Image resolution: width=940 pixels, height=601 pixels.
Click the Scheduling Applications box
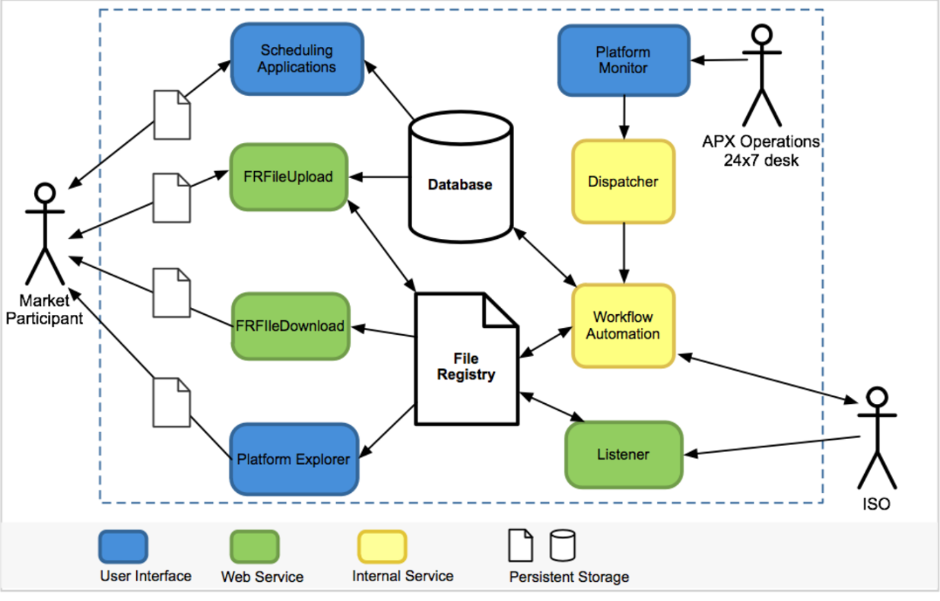(297, 59)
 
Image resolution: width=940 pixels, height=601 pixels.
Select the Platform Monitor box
(623, 60)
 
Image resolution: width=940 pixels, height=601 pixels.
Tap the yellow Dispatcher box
(623, 182)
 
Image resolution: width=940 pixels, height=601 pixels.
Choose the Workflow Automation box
(623, 326)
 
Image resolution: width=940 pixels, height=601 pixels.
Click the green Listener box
(624, 454)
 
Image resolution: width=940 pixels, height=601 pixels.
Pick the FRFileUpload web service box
(288, 176)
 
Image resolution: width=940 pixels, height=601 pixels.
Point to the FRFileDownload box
(290, 326)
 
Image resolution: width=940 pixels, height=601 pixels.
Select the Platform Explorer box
(293, 459)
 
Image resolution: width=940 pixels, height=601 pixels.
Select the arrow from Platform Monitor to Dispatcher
(624, 118)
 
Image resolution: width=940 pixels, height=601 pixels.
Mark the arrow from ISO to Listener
(771, 446)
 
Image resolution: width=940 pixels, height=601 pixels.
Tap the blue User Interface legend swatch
(122, 546)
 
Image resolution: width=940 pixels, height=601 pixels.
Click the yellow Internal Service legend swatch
(382, 546)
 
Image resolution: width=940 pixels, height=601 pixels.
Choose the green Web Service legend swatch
(254, 546)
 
